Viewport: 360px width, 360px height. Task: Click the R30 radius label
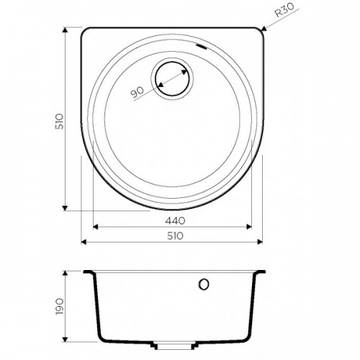pos(284,11)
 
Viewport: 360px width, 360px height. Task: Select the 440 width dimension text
pos(175,221)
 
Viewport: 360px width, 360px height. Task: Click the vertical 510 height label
pos(59,122)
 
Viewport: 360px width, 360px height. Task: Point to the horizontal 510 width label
pos(175,236)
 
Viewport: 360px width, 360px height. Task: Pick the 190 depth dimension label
pos(59,307)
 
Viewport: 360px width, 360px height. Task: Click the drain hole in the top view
pos(172,78)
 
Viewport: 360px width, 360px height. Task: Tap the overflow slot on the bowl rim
pos(201,47)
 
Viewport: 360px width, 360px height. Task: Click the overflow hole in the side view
pos(204,284)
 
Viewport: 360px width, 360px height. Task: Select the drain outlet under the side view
pos(172,346)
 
